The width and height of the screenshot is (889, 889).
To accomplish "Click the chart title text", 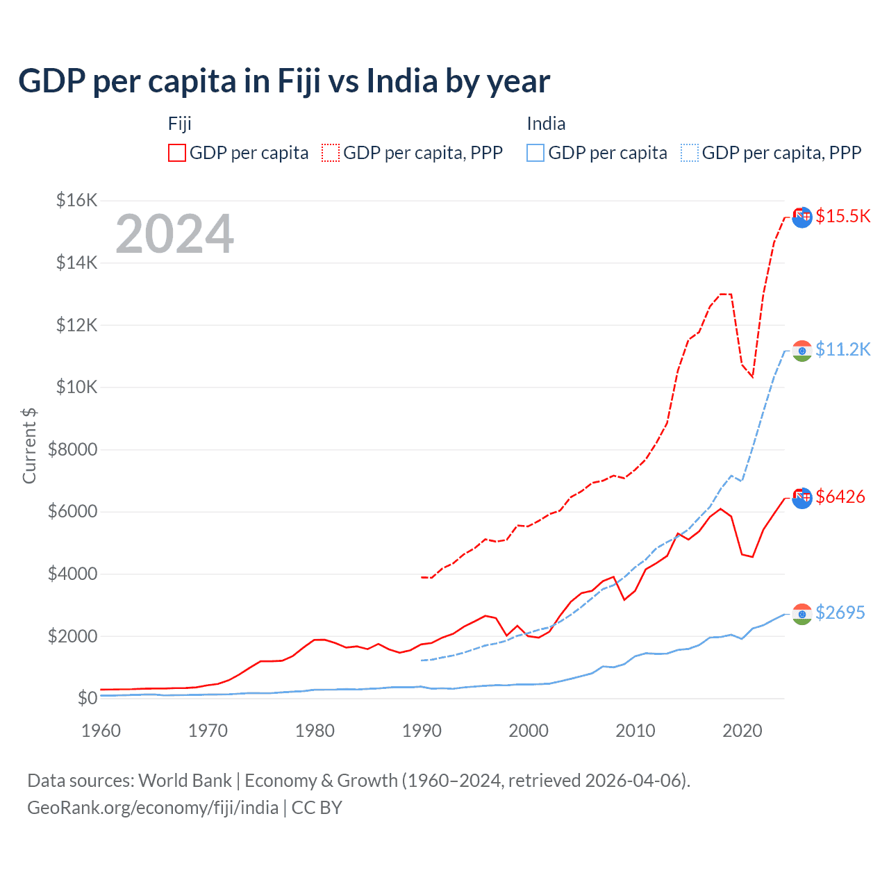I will [x=284, y=81].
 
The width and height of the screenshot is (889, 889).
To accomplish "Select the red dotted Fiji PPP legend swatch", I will [x=331, y=153].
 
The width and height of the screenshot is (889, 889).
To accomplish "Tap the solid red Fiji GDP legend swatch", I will [x=177, y=153].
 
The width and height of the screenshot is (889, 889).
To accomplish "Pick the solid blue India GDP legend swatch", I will [x=535, y=153].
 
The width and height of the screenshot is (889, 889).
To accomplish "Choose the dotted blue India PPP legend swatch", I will [x=690, y=153].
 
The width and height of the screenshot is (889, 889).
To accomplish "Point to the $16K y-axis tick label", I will [x=76, y=201].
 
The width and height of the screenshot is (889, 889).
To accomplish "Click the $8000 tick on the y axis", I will [x=72, y=449].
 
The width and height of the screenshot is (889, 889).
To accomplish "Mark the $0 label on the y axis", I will [x=87, y=698].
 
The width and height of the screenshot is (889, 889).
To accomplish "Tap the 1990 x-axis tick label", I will [x=422, y=731].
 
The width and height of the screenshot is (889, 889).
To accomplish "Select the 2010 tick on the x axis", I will [x=635, y=731].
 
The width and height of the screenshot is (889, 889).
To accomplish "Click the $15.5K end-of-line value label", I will [x=842, y=216].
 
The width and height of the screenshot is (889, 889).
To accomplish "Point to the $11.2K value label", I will [x=842, y=349].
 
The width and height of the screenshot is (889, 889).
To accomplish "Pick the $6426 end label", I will [x=840, y=497].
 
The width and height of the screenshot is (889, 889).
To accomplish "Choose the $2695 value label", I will [x=840, y=613].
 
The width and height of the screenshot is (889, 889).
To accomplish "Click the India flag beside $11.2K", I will [x=802, y=351].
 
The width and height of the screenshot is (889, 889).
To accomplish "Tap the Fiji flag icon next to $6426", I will [x=802, y=498].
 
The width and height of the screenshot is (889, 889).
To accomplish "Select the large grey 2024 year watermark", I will [x=175, y=234].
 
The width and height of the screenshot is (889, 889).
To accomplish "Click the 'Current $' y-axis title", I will [x=29, y=446].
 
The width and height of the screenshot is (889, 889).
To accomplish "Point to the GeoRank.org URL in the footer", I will [x=153, y=808].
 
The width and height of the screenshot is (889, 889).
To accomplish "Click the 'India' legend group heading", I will [x=546, y=124].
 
